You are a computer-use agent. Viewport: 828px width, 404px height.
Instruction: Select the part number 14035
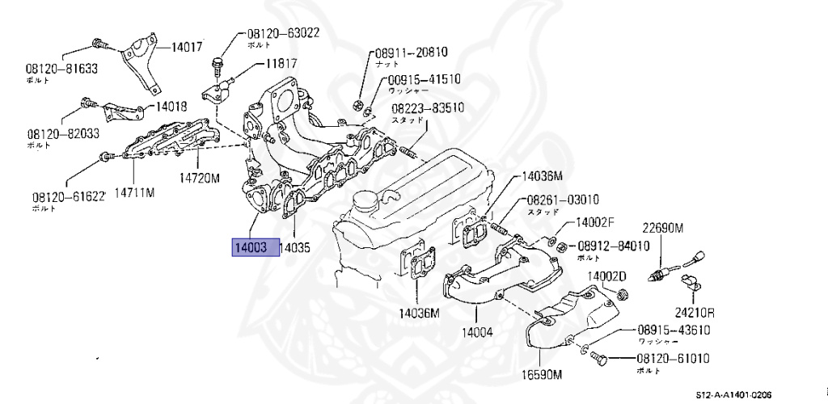[x=295, y=248]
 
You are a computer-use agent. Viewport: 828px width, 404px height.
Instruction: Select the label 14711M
[x=134, y=192]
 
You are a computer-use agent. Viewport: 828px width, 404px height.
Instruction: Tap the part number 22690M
[x=663, y=229]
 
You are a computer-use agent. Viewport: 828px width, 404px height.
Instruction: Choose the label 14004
[x=477, y=331]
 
